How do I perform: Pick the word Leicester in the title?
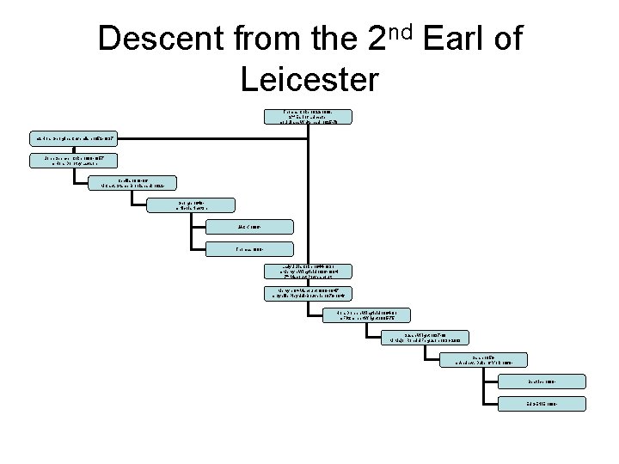pos(309,79)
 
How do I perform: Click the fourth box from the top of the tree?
pos(132,182)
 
